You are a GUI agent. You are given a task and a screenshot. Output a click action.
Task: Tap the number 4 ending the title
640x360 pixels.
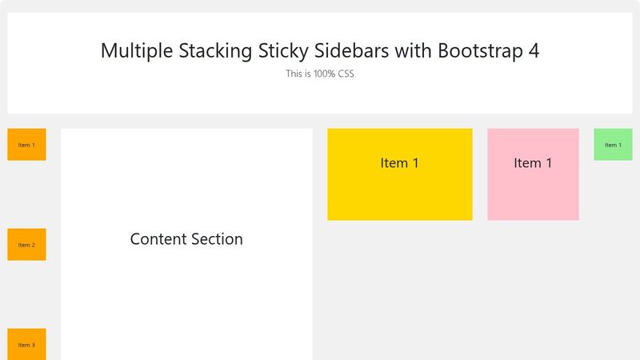pos(534,50)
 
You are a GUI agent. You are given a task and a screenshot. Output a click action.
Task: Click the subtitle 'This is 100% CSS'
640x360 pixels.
pos(319,74)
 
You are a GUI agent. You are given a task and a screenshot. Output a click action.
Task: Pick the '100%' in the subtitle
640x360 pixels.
pos(324,74)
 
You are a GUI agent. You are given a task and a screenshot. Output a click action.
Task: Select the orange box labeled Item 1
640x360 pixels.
pos(26,145)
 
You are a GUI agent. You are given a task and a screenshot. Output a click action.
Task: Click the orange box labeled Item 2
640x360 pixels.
pos(26,245)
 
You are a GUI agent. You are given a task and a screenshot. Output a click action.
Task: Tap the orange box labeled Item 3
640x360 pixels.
pos(26,344)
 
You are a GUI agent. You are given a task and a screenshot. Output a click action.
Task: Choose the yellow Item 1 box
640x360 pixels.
pos(399,174)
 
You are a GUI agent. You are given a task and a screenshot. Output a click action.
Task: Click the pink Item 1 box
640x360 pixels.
pos(533,174)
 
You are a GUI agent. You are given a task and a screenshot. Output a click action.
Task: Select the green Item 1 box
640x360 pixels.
pos(613,145)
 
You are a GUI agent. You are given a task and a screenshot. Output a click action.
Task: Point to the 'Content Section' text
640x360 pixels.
pos(186,239)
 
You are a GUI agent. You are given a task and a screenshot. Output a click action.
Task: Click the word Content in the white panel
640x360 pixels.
pos(158,239)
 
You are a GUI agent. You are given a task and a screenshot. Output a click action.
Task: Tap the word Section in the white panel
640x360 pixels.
pos(216,239)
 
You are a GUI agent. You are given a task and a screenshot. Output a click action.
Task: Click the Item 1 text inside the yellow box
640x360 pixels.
pos(399,163)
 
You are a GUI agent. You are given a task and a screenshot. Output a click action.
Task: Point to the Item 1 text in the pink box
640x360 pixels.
pos(533,163)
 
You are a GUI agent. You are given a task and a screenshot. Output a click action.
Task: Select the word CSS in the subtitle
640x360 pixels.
pos(344,74)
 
